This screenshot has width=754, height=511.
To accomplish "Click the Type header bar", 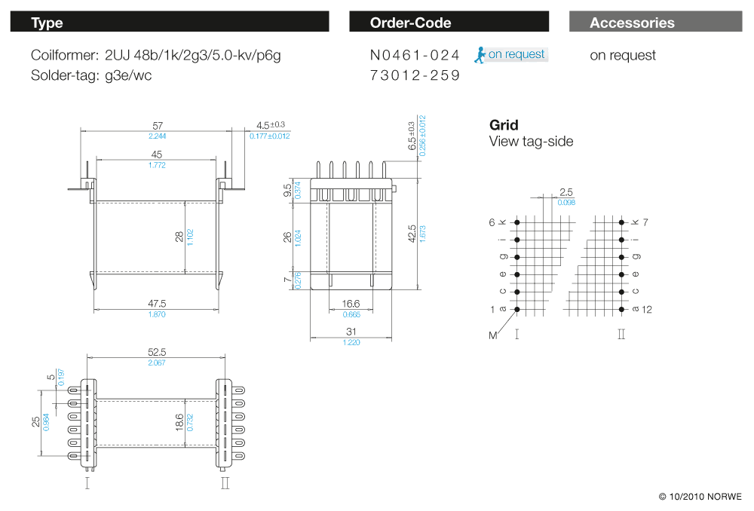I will [x=170, y=23].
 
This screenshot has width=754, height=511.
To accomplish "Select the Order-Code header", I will [x=449, y=23].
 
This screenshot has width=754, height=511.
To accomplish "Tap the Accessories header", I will [x=655, y=23].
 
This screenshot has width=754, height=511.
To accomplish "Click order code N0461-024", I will [x=415, y=55].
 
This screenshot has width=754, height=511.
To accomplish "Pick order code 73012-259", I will [x=415, y=75].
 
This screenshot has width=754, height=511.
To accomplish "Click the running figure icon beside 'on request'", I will [x=480, y=54].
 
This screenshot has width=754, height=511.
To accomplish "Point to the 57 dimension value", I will [x=158, y=125].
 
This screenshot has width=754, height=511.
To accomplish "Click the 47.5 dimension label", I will [x=157, y=303].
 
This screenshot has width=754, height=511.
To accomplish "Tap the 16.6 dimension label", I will [x=351, y=304].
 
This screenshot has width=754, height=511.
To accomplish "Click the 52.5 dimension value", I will [x=157, y=352].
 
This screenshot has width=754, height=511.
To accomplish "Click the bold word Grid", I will [x=504, y=125].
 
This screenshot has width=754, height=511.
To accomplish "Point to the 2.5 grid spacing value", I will [x=566, y=192].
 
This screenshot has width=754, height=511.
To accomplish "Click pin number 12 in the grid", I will [x=647, y=310].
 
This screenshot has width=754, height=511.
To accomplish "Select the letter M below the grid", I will [x=493, y=335].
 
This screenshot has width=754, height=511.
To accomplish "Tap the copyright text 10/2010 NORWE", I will [x=700, y=497].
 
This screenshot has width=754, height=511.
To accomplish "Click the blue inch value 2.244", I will [x=158, y=136].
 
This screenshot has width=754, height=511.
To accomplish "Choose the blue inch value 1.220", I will [x=351, y=341].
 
